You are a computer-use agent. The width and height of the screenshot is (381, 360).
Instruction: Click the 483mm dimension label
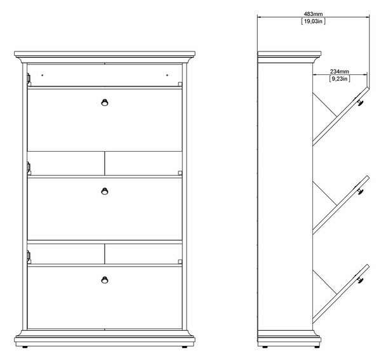(313, 14)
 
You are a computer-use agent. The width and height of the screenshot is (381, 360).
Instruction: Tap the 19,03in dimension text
(313, 21)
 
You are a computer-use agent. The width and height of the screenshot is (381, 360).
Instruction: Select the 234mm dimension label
(340, 71)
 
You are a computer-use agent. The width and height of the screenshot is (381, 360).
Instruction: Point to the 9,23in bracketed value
(340, 79)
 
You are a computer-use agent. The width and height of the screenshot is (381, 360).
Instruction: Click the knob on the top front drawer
(105, 102)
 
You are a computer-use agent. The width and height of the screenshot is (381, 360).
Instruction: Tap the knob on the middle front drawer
(105, 191)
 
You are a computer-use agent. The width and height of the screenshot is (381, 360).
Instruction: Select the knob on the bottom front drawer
(105, 280)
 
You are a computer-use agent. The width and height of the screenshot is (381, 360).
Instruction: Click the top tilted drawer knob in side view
(360, 102)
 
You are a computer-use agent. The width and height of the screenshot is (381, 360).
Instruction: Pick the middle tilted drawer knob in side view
(360, 190)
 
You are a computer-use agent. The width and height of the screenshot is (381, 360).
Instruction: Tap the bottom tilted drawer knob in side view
(360, 279)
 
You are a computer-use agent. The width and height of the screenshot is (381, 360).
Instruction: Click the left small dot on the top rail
(43, 76)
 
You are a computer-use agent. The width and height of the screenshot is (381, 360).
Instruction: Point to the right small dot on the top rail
(167, 76)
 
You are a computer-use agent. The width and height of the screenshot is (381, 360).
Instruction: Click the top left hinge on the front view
(29, 77)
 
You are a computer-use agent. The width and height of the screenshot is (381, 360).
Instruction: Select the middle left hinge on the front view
(29, 166)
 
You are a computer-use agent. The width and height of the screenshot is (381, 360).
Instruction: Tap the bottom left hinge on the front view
(29, 255)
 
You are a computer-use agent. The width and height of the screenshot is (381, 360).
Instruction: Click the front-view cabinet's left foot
(25, 347)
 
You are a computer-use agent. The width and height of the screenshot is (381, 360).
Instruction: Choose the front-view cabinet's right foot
(185, 347)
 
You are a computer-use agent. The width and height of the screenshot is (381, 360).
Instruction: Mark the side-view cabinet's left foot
(265, 347)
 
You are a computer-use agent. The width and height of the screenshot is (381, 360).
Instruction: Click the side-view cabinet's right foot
(316, 347)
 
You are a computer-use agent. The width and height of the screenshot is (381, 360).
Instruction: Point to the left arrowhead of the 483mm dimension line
(259, 17)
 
